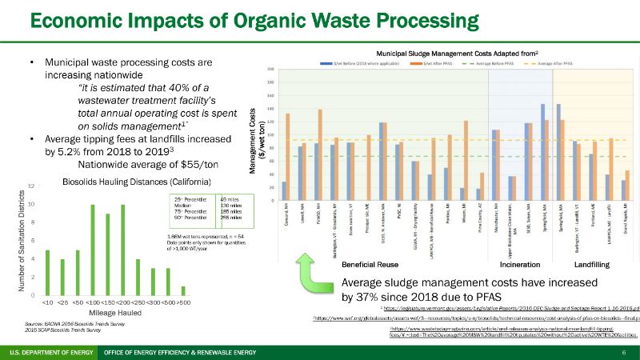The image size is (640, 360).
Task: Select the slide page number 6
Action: [623, 353]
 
